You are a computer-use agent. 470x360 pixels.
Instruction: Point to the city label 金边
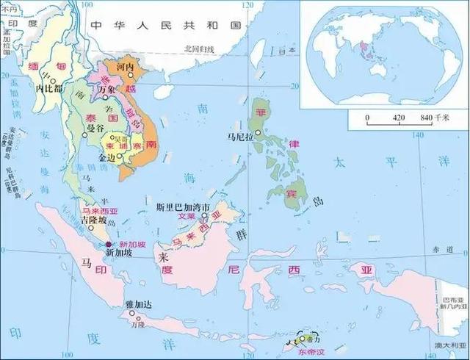point(107,156)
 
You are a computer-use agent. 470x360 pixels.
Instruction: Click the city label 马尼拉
point(241,137)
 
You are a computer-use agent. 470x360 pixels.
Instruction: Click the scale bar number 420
point(399,118)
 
